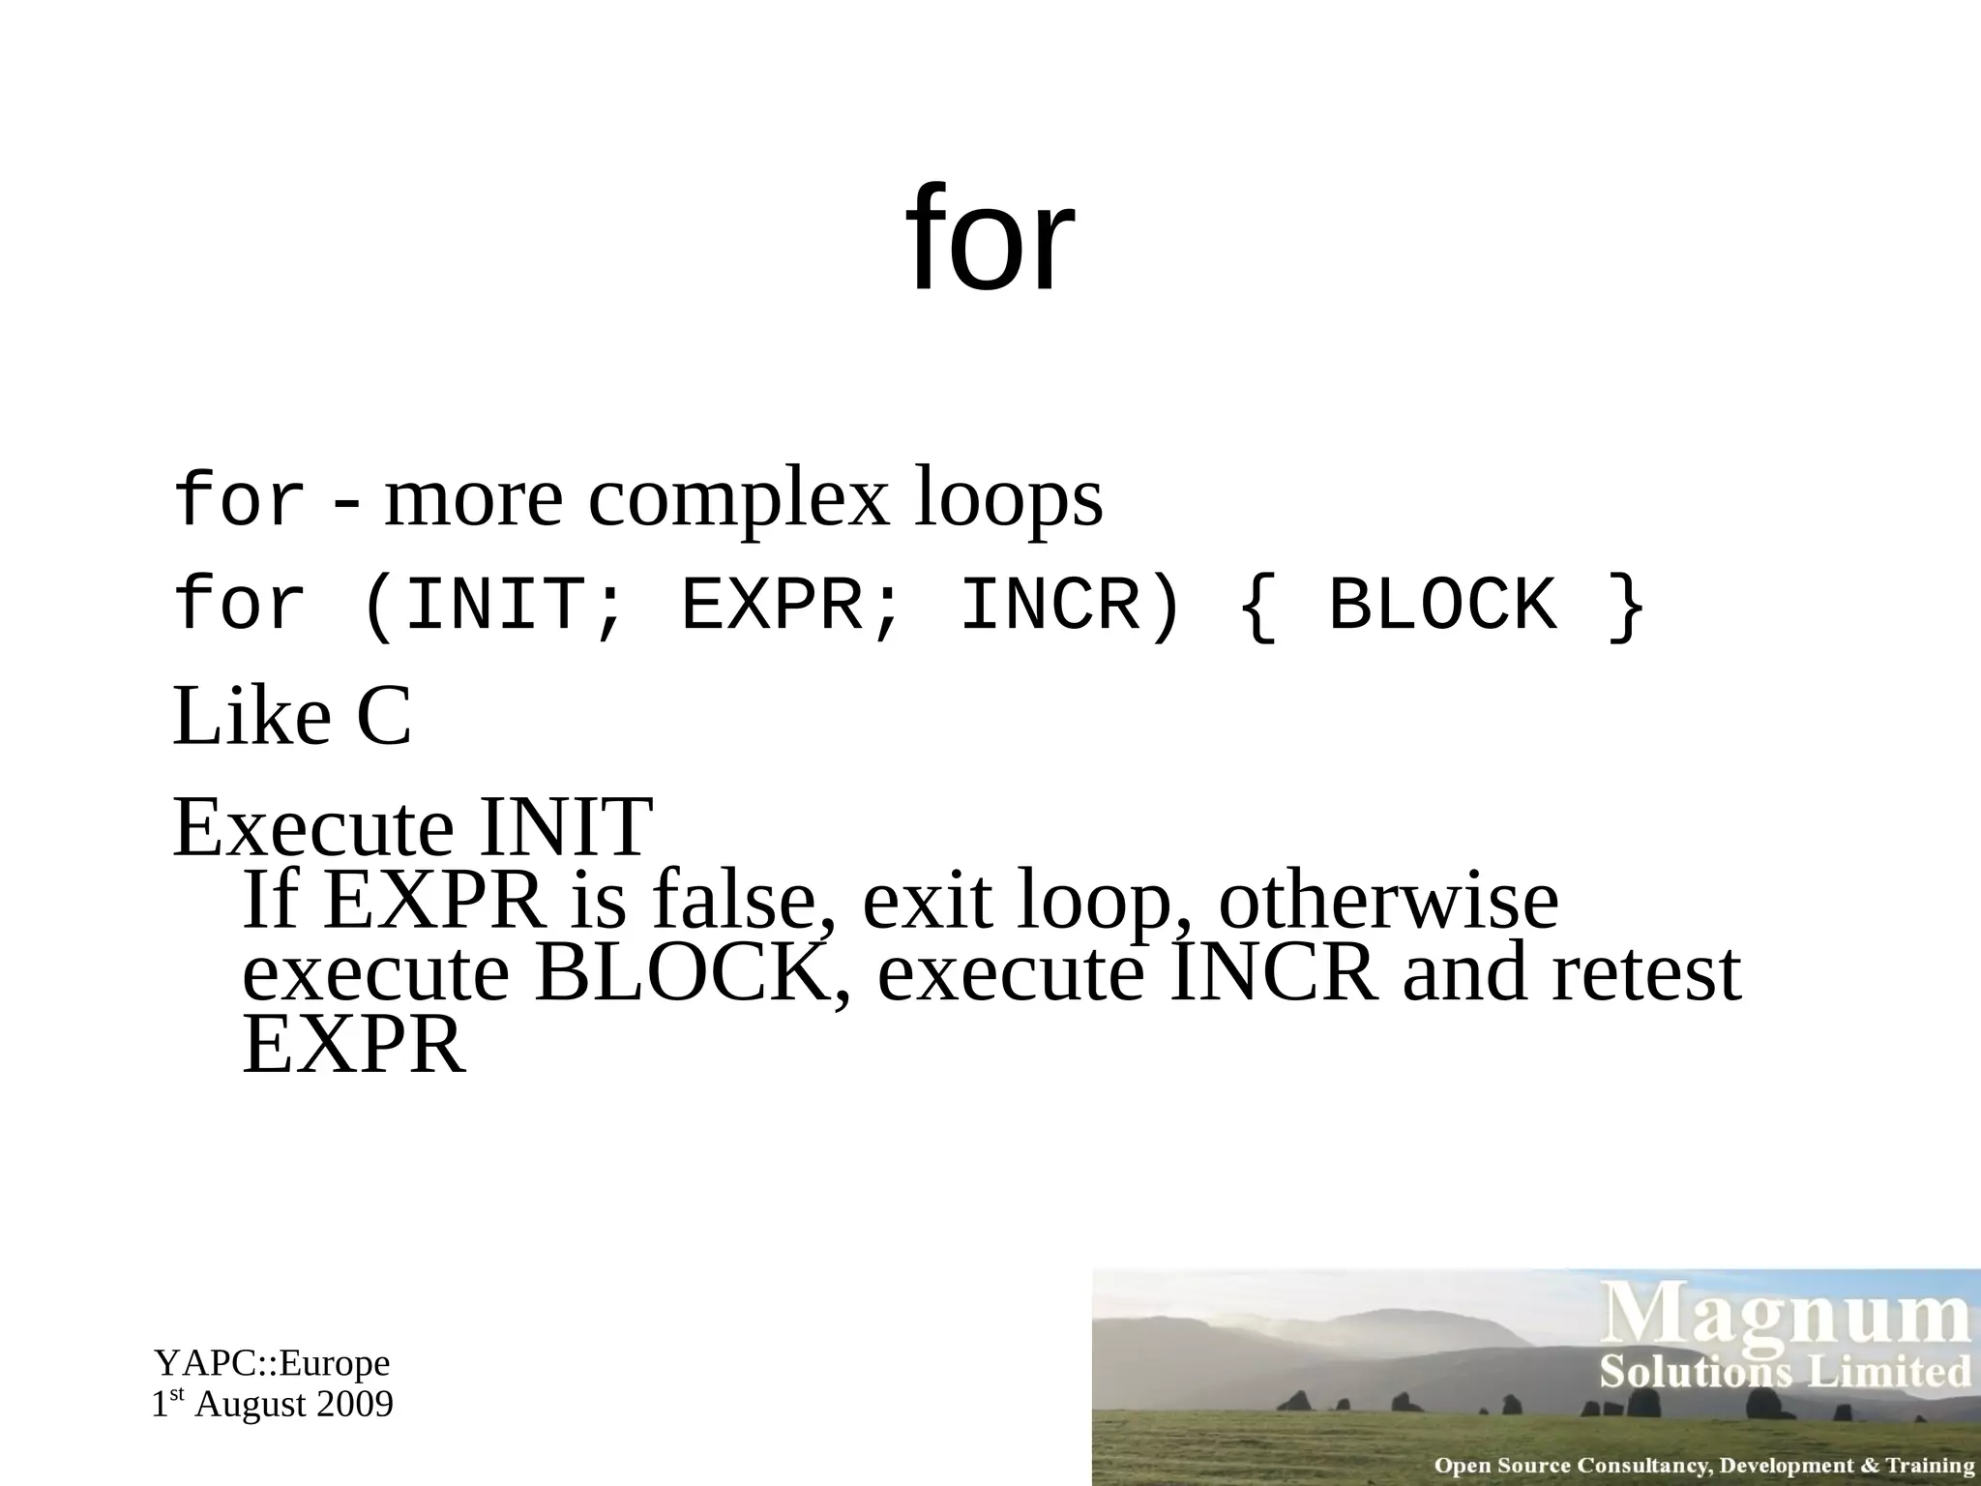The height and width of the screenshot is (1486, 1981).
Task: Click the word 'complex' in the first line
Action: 737,499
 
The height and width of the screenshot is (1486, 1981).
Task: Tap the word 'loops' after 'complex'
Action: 1007,499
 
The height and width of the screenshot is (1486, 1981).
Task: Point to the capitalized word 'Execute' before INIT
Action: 312,828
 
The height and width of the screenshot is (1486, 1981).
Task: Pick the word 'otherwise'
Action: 1388,901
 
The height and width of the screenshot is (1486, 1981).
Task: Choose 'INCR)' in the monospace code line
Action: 1070,605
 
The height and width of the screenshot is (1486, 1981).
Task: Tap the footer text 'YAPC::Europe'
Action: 272,1363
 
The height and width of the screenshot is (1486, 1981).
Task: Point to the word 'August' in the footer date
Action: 249,1404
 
